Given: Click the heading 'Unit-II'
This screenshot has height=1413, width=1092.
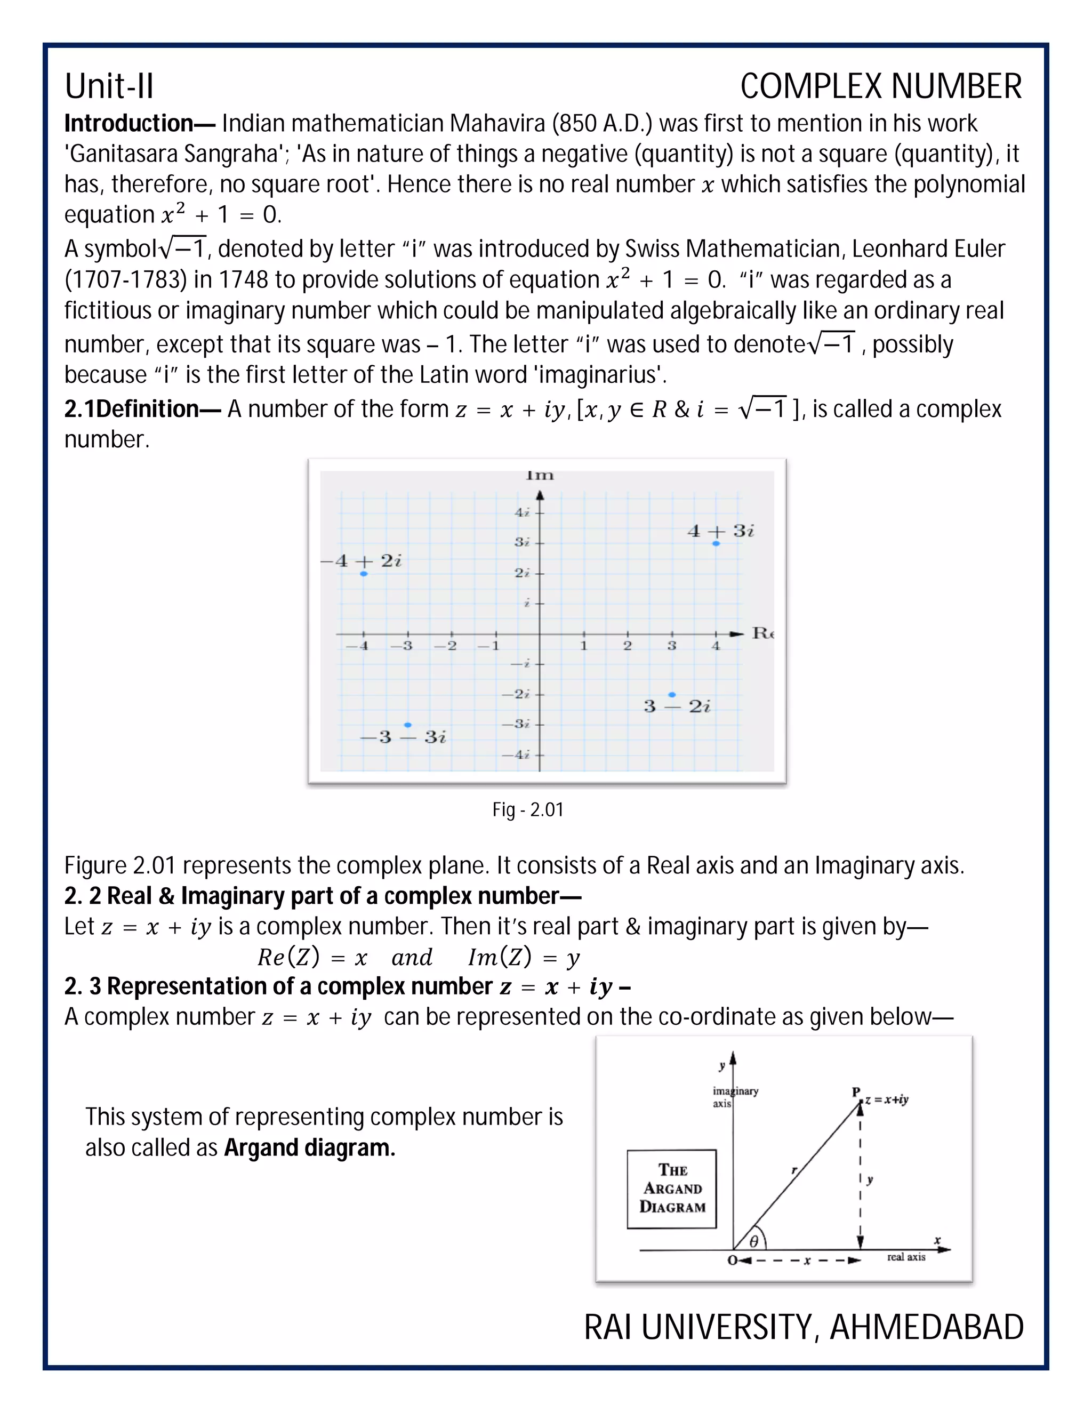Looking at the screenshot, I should (109, 86).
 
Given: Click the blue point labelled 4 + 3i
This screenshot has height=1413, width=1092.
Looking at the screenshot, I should (716, 543).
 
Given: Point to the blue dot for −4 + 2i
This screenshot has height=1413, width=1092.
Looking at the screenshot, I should (364, 574).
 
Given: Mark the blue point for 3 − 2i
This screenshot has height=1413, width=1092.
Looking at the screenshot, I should (672, 695).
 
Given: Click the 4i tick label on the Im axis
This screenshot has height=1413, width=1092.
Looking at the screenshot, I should (522, 512).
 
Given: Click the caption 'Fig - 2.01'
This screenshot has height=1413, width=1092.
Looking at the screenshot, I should (528, 810).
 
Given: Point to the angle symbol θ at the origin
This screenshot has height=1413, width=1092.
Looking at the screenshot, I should (753, 1241).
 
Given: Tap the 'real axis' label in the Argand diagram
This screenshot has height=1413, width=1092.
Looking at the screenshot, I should (906, 1257).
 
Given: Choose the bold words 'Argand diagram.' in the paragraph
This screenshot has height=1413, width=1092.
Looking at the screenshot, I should (309, 1148).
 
